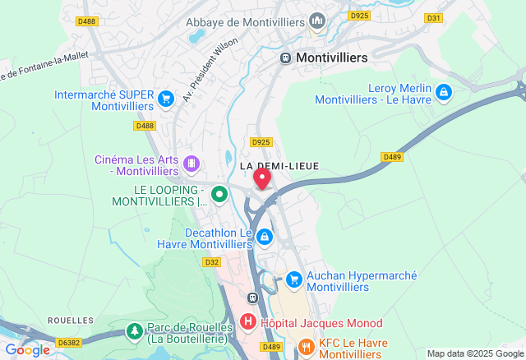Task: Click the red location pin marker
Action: click(x=262, y=178)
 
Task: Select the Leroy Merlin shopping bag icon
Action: click(x=444, y=91)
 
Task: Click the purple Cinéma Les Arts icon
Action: click(x=191, y=164)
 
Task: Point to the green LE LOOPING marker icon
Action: click(x=219, y=195)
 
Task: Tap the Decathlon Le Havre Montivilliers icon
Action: click(x=264, y=238)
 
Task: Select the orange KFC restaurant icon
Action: click(x=306, y=347)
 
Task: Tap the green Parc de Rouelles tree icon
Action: click(x=133, y=330)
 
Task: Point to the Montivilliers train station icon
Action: click(x=285, y=58)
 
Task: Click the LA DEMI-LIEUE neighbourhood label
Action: click(x=279, y=166)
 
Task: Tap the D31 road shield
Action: click(x=433, y=17)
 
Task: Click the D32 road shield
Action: click(x=212, y=262)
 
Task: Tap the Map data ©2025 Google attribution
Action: click(x=474, y=353)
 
